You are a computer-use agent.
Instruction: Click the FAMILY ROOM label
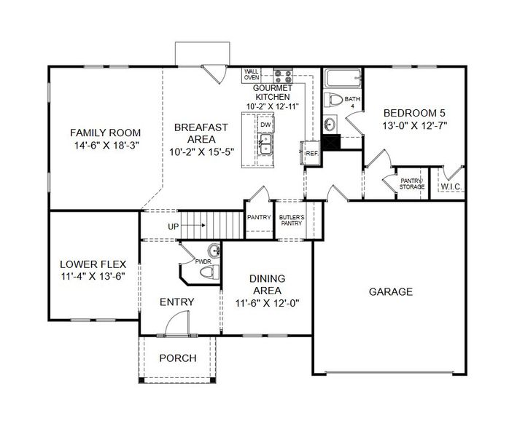click(105, 133)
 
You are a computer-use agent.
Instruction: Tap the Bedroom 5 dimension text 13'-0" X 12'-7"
click(414, 125)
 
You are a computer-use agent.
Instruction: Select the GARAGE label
click(390, 291)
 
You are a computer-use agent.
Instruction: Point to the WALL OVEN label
click(252, 74)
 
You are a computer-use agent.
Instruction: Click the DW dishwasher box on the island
click(266, 125)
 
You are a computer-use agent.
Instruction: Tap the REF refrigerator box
click(311, 153)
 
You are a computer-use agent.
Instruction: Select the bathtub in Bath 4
click(343, 78)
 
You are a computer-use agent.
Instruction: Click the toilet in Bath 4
click(335, 99)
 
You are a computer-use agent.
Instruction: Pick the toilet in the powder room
click(209, 272)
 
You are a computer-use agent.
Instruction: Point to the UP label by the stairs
click(173, 227)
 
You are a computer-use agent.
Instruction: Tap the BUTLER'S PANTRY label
click(291, 221)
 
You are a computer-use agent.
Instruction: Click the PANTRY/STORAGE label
click(411, 184)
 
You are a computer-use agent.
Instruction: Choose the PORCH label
click(178, 358)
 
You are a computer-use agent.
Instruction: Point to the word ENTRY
click(177, 302)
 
